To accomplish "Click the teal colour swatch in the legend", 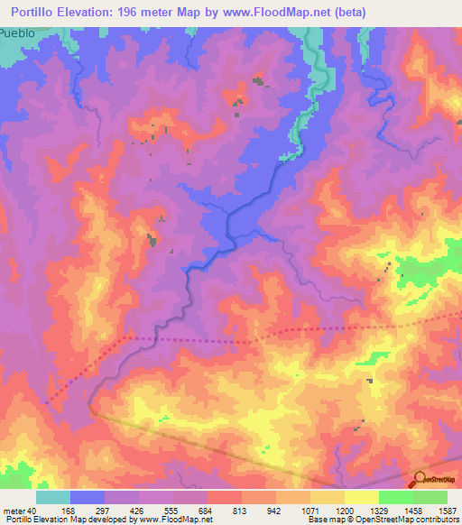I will [53, 497].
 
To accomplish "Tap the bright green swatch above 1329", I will [396, 497].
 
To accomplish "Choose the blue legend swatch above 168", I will [88, 497].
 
